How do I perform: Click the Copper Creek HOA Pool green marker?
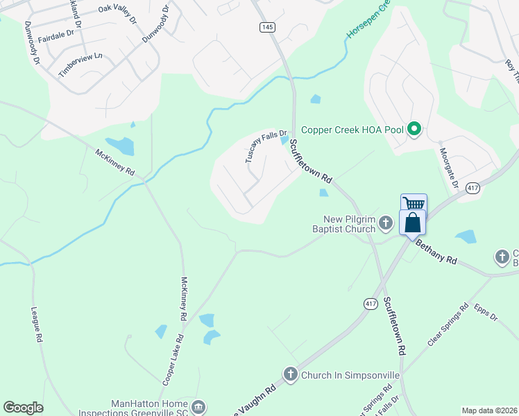click(414, 130)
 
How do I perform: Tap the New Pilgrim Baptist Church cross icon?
click(386, 223)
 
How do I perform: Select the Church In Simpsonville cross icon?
click(291, 375)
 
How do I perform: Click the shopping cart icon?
click(414, 203)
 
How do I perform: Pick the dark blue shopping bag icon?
click(413, 223)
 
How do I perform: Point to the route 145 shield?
click(268, 27)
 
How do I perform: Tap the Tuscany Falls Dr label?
click(266, 147)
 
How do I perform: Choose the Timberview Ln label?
click(80, 64)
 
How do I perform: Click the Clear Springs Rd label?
click(444, 328)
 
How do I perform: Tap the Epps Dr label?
click(486, 312)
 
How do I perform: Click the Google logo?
click(23, 408)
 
